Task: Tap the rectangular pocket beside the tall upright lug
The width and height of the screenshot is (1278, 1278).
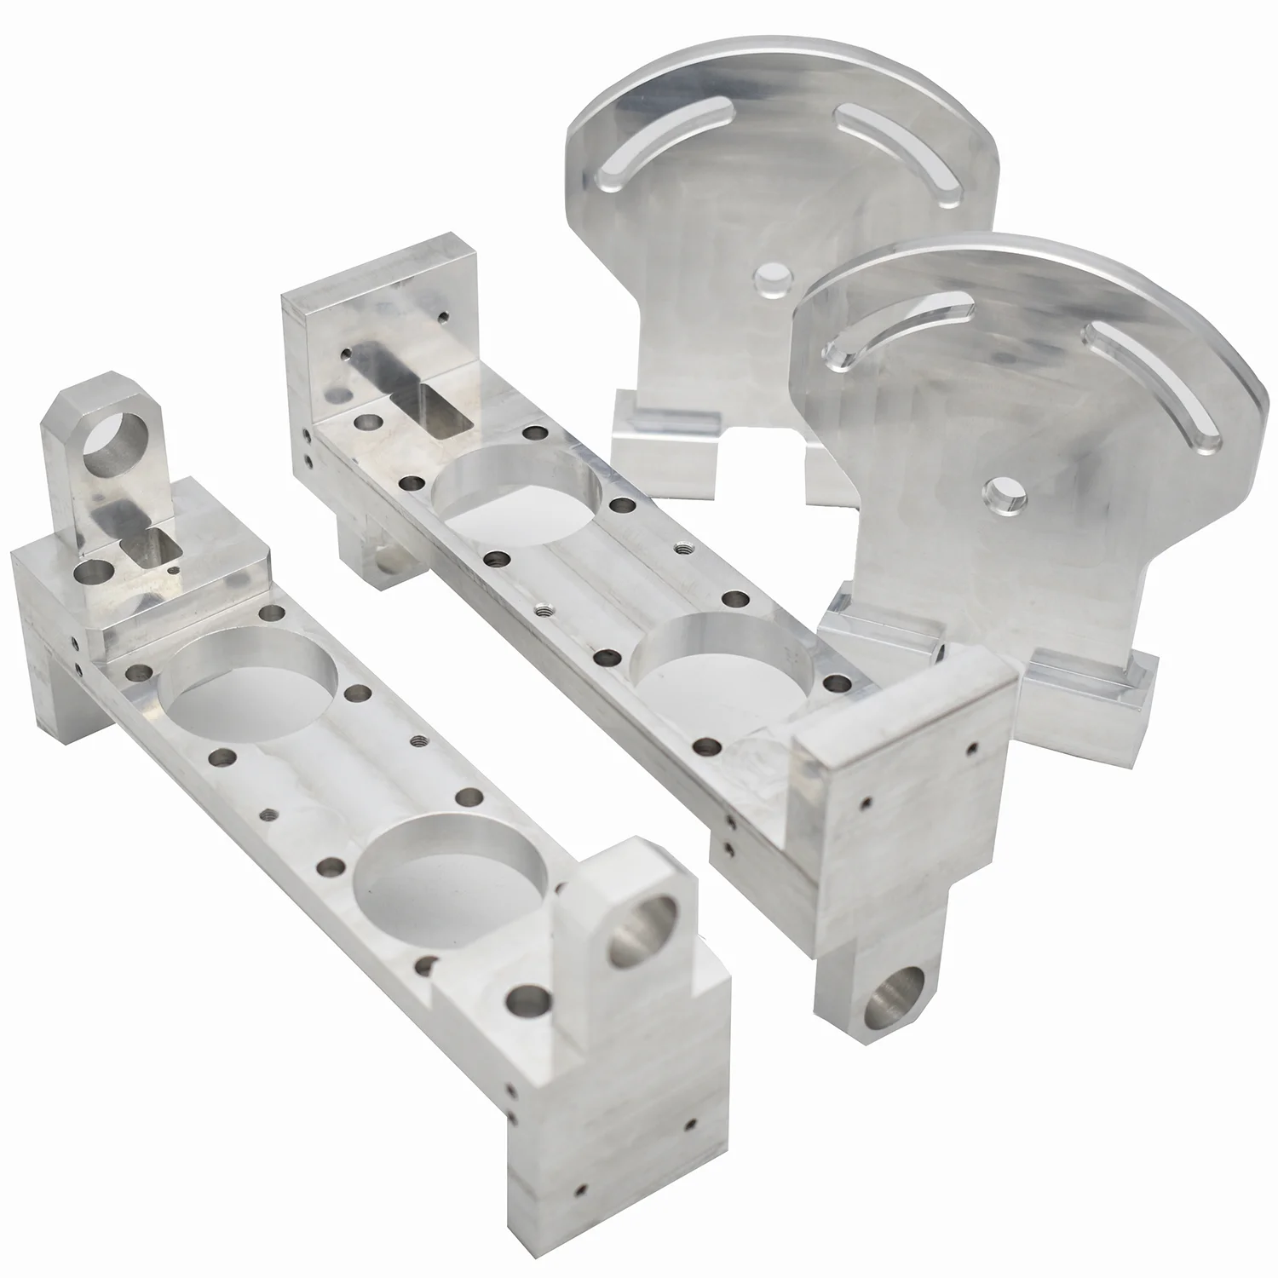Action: tap(157, 544)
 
